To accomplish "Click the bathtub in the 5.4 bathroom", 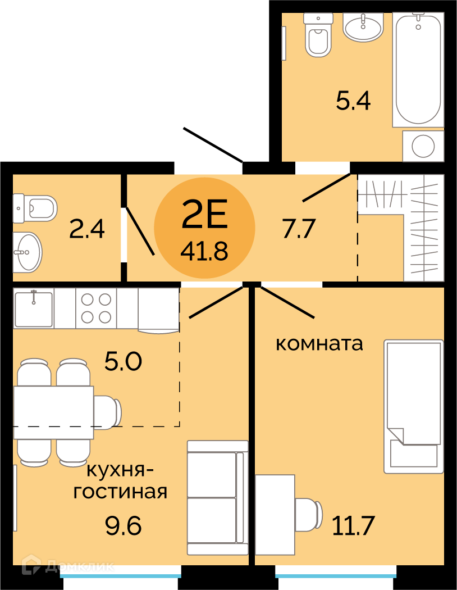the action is (418, 69).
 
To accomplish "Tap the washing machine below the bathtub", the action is (423, 146).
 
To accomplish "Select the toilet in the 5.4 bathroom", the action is (318, 35).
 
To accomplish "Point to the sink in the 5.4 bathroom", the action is (363, 27).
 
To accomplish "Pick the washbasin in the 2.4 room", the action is (27, 252).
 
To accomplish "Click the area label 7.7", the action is (299, 228).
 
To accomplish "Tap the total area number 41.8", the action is (204, 251).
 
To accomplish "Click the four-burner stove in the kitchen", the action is (96, 308).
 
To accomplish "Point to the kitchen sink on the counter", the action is (34, 308).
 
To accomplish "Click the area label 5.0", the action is (124, 361).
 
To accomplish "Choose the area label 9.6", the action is (124, 525).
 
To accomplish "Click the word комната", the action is (319, 343).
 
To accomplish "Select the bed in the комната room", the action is (413, 406).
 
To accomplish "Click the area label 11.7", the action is (353, 525).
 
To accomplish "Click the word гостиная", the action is (120, 492).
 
